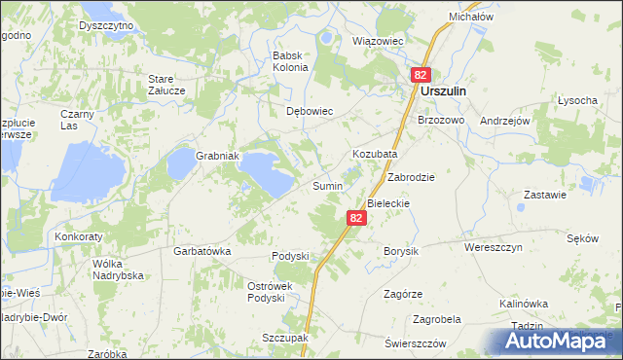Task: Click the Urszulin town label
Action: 445,90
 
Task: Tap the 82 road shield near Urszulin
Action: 421,74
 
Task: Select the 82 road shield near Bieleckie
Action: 356,219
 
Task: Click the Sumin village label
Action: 326,185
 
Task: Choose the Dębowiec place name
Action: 310,111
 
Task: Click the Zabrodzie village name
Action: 410,178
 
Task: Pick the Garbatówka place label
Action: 202,251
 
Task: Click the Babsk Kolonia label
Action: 291,61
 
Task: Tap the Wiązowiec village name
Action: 377,42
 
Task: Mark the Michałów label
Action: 471,18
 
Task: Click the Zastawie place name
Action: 544,195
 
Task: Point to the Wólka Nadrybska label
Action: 118,270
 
